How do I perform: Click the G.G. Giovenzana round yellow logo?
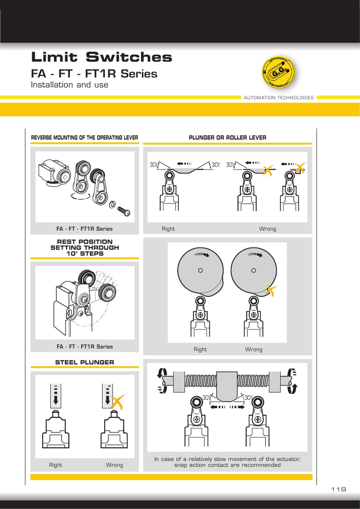pyautogui.click(x=279, y=72)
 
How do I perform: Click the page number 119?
pyautogui.click(x=339, y=489)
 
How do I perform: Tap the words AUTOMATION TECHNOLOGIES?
pyautogui.click(x=278, y=98)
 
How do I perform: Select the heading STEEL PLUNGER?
pyautogui.click(x=85, y=362)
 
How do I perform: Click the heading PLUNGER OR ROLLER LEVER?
pyautogui.click(x=228, y=138)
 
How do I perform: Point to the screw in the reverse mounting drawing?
pyautogui.click(x=124, y=210)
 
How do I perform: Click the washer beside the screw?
pyautogui.click(x=112, y=204)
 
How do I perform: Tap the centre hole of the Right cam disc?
pyautogui.click(x=200, y=271)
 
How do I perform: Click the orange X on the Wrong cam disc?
pyautogui.click(x=270, y=290)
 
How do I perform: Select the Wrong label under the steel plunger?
pyautogui.click(x=114, y=465)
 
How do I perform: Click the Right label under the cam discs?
pyautogui.click(x=200, y=349)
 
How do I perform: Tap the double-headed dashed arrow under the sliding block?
pyautogui.click(x=227, y=407)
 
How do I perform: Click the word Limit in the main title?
pyautogui.click(x=54, y=57)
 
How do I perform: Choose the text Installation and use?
pyautogui.click(x=69, y=85)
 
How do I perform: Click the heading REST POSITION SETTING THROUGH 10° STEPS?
pyautogui.click(x=85, y=247)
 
